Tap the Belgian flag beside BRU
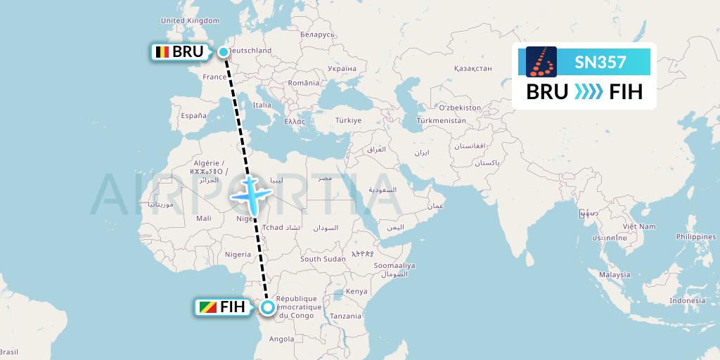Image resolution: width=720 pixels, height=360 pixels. point(162,52)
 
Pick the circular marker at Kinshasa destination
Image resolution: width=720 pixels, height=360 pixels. point(268,307)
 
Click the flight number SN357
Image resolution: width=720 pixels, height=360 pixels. point(600,63)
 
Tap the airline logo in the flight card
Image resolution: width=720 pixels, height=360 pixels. point(541,62)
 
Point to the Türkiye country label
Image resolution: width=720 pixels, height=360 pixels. point(347,120)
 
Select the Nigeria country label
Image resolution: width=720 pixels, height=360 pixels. point(238,254)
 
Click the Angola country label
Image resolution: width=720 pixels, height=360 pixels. point(281,339)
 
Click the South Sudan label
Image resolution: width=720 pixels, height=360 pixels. point(323,259)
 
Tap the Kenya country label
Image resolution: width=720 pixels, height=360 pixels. point(356,290)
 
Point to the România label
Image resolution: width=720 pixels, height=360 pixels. point(303,83)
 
